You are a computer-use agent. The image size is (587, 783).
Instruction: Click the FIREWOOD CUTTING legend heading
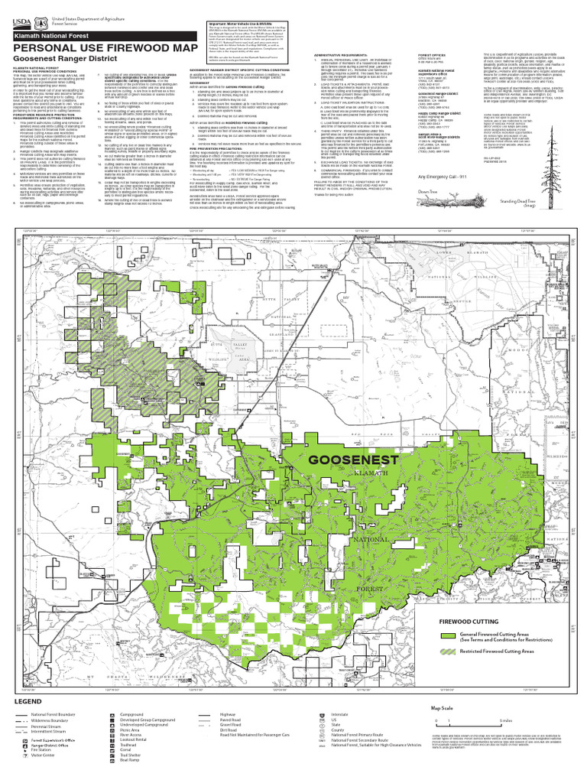tap(469, 622)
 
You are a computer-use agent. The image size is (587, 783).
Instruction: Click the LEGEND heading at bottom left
tap(22, 700)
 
